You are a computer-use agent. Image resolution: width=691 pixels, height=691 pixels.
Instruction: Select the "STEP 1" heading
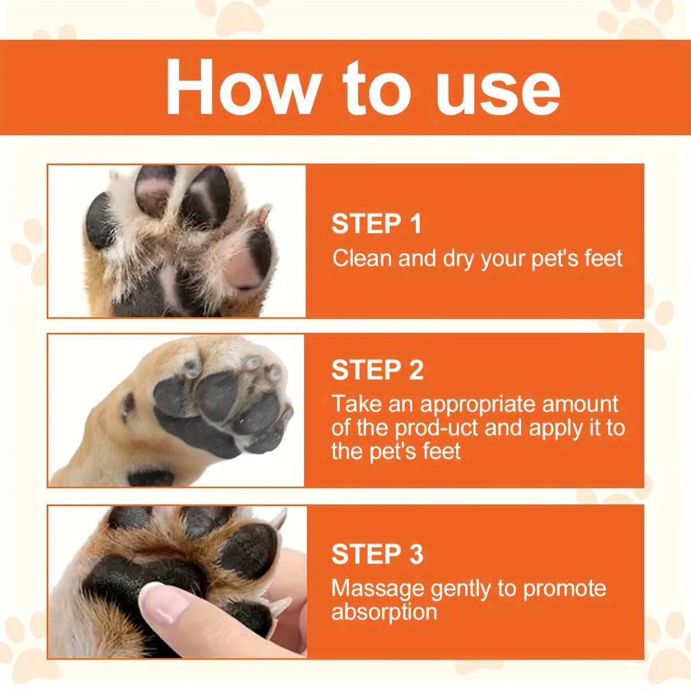pyautogui.click(x=377, y=224)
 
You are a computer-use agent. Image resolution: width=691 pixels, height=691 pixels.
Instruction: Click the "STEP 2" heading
pyautogui.click(x=377, y=370)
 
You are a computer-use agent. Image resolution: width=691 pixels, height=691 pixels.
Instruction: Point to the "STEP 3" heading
pyautogui.click(x=377, y=554)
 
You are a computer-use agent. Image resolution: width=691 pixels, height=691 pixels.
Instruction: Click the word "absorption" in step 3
pyautogui.click(x=384, y=612)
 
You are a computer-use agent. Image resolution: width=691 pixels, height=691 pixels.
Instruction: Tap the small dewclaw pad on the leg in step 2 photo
pyautogui.click(x=128, y=406)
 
